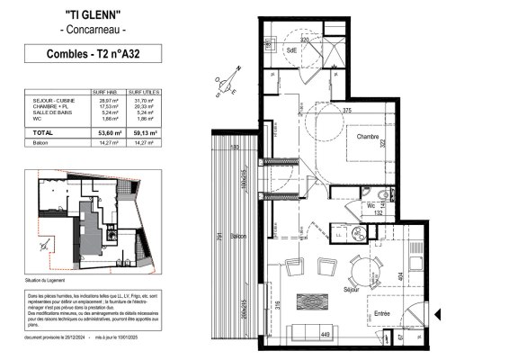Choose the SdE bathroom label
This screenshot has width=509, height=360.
[x=292, y=51]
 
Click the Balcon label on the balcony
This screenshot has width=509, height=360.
[x=237, y=237]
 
